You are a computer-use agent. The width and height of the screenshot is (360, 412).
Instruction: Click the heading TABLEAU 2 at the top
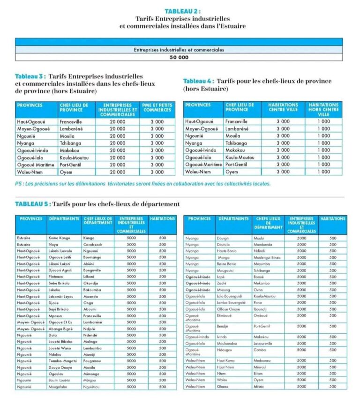(183, 11)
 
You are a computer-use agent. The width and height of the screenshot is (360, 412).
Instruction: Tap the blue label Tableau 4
(198, 81)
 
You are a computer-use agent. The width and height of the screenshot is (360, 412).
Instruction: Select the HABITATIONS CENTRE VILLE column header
(283, 107)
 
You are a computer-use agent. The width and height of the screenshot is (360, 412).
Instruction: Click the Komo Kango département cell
(60, 238)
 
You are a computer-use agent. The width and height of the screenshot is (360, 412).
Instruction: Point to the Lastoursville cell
(265, 343)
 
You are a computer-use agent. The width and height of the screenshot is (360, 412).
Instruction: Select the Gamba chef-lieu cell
(260, 350)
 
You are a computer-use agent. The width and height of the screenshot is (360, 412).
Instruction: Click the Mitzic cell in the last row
(259, 386)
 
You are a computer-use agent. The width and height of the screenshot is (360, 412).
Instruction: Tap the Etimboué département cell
(225, 315)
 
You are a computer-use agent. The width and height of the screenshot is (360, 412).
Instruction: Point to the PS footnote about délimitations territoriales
(142, 184)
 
